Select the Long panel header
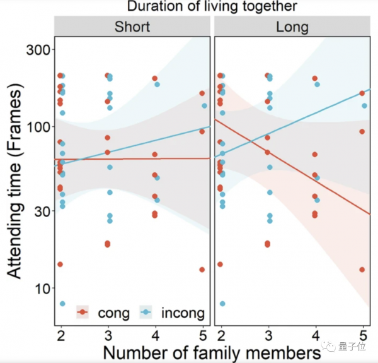pos(292,27)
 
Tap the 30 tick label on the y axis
pos(40,211)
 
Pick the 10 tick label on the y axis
pos(40,289)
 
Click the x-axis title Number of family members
pos(209,351)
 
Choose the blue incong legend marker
pos(146,312)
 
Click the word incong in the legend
pos(183,312)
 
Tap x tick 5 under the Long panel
pos(364,334)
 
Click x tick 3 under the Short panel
pos(108,334)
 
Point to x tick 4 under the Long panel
pos(315,334)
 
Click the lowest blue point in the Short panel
pos(62,304)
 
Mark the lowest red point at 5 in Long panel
pos(362,270)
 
